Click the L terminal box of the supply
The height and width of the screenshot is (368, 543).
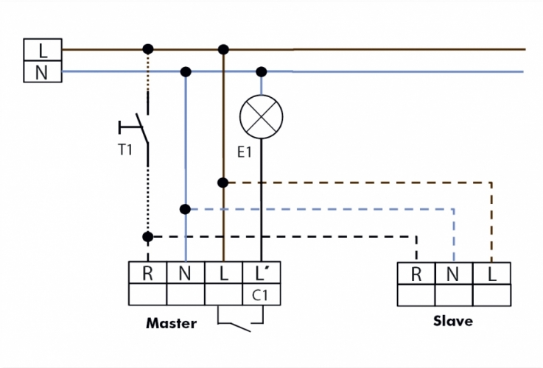click(43, 50)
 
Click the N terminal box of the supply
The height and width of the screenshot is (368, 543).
click(43, 72)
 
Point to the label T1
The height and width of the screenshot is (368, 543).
click(126, 149)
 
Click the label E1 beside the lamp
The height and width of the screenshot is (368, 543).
click(245, 152)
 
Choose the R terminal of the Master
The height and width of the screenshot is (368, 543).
click(147, 274)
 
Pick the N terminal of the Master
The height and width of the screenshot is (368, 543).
click(186, 274)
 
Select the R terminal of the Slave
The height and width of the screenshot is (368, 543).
click(416, 275)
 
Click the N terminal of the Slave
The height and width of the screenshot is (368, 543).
click(455, 275)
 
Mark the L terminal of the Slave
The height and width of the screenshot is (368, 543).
click(492, 275)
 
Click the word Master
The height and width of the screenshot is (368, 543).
click(171, 323)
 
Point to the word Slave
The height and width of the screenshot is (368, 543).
click(452, 322)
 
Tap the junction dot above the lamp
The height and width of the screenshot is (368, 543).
click(261, 71)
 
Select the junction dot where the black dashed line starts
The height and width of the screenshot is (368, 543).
click(147, 237)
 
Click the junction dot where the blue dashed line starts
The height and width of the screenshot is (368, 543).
click(186, 209)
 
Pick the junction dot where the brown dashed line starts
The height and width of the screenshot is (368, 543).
click(223, 181)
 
